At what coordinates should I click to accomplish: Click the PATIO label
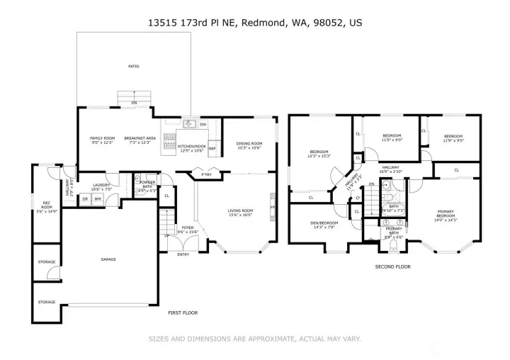(133, 67)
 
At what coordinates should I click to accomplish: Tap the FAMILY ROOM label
(102, 138)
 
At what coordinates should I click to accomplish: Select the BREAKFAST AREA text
(139, 138)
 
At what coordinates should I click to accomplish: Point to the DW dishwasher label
(203, 125)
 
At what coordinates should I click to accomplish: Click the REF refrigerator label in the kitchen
(212, 149)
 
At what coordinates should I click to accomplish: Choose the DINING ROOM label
(249, 144)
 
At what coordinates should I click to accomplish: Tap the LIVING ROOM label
(240, 210)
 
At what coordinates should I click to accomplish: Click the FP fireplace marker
(271, 208)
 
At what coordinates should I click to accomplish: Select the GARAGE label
(108, 259)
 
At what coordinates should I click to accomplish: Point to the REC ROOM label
(46, 204)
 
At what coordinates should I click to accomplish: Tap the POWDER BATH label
(147, 184)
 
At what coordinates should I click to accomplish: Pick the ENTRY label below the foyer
(183, 254)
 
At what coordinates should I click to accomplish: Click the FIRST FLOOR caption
(182, 313)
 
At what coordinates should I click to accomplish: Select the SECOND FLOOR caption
(392, 266)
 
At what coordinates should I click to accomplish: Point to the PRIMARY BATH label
(394, 231)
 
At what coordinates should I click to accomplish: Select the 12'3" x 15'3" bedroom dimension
(320, 156)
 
